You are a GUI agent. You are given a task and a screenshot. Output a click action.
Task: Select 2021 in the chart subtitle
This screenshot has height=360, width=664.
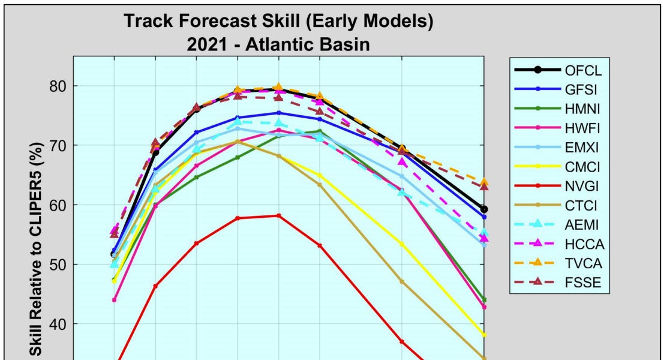pyautogui.click(x=206, y=44)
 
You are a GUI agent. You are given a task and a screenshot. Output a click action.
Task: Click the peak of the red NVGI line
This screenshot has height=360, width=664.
pyautogui.click(x=278, y=215)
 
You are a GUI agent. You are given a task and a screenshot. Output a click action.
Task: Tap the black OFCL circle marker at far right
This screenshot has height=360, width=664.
pyautogui.click(x=484, y=209)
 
